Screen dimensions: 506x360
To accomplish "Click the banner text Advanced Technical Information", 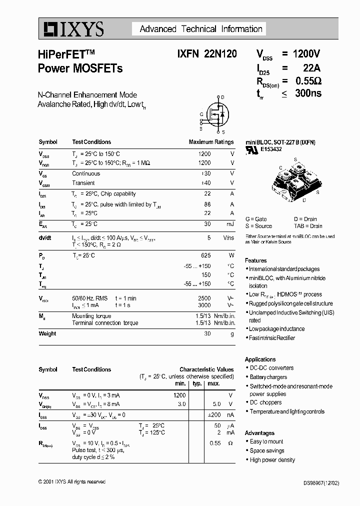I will (x=201, y=29).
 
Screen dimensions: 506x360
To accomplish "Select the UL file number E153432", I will (x=271, y=149).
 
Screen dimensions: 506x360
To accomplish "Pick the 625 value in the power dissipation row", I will (x=205, y=255).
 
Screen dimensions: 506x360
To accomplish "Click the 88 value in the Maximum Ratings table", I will (x=207, y=204).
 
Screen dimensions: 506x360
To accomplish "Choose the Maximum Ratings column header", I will (x=211, y=142).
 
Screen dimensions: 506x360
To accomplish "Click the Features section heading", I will (x=255, y=260).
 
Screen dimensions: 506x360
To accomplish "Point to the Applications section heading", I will (x=260, y=359).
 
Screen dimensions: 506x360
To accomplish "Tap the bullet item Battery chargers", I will (x=268, y=377).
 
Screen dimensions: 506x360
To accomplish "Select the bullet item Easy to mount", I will (x=266, y=441).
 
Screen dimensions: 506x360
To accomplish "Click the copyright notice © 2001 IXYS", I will (x=72, y=481).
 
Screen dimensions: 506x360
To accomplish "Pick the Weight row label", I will (x=47, y=333).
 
